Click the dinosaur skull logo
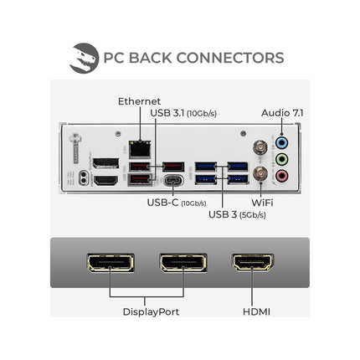click(84, 58)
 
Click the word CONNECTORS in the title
click(230, 58)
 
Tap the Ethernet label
click(139, 101)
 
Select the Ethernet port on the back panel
click(140, 149)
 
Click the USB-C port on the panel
click(173, 180)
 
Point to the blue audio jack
click(281, 143)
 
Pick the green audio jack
click(281, 160)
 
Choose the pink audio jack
click(281, 176)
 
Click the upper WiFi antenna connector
click(260, 147)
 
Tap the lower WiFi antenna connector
click(260, 174)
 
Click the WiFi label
click(262, 203)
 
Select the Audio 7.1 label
click(282, 113)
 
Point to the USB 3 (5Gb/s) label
click(237, 214)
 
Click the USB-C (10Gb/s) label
click(177, 203)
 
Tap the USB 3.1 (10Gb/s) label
click(183, 113)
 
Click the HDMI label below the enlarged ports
click(256, 311)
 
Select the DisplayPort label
click(151, 311)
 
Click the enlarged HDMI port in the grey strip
click(253, 262)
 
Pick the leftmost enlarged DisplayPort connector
click(111, 263)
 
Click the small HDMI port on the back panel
click(106, 181)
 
